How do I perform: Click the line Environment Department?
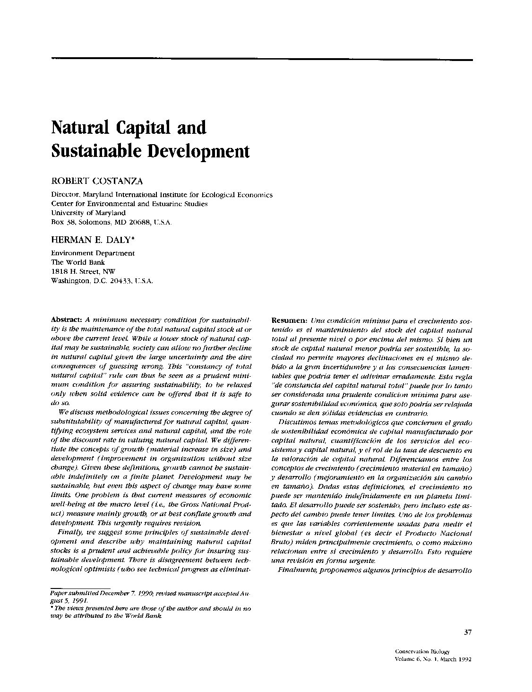pos(93,253)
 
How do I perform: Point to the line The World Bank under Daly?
pos(78,262)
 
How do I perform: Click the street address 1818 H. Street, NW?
pos(83,271)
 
